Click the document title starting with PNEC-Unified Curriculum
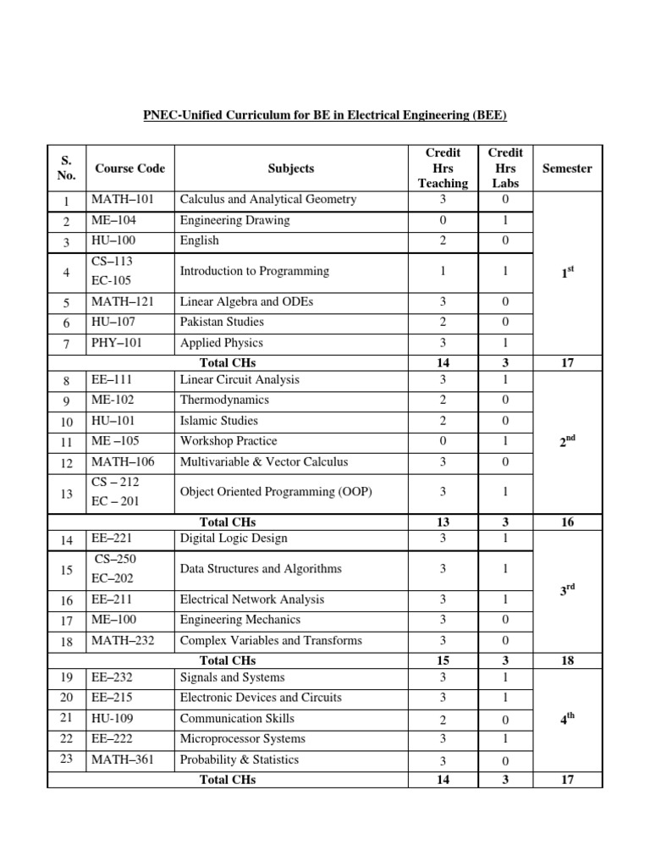click(x=324, y=115)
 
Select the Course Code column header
click(x=129, y=168)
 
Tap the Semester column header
click(x=566, y=168)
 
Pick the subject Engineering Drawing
click(x=234, y=220)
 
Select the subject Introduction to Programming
click(x=254, y=272)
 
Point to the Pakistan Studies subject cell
click(x=222, y=322)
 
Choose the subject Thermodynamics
click(x=224, y=400)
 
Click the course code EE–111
click(x=113, y=380)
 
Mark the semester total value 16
click(x=566, y=522)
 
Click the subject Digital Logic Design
click(x=234, y=538)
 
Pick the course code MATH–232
click(x=123, y=640)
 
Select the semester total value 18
click(x=566, y=660)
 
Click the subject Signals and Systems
click(x=232, y=677)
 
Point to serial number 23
click(x=67, y=759)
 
